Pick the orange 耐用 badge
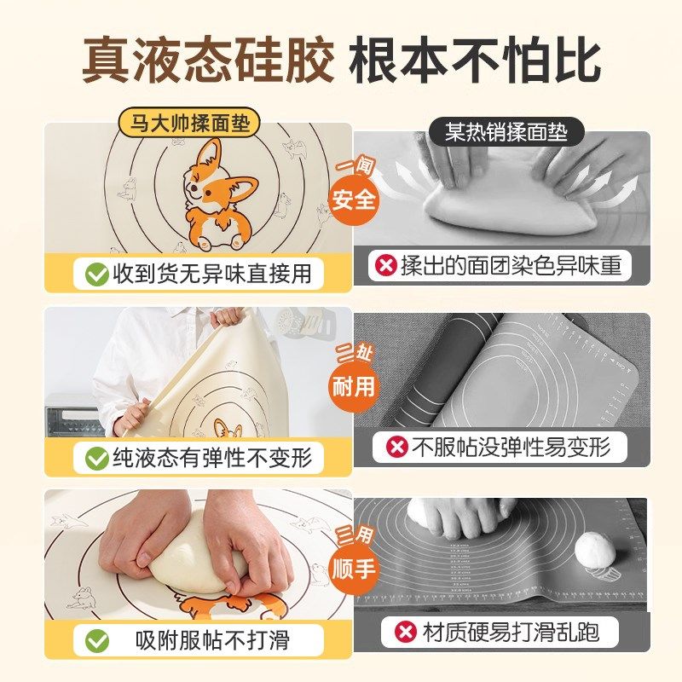(353, 384)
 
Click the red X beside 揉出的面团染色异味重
(387, 266)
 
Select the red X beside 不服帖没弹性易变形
(396, 447)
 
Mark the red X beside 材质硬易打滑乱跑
(406, 632)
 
